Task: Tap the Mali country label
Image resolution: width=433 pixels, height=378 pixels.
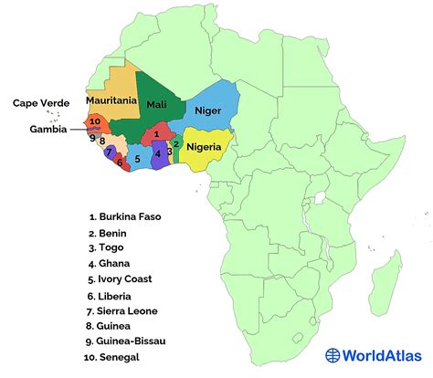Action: point(155,103)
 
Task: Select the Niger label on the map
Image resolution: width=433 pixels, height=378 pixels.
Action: point(207,110)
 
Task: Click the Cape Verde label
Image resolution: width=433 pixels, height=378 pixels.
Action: point(42,103)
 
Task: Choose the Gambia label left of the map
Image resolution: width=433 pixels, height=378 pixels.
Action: point(46,129)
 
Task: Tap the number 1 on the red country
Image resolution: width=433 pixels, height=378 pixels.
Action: point(156,134)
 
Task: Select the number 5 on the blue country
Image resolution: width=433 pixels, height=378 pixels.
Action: point(137,159)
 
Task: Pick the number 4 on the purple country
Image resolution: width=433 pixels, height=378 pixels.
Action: point(158,153)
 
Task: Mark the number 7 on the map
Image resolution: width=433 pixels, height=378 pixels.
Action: point(110,152)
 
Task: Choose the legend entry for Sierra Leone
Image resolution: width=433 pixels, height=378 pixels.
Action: point(129,310)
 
